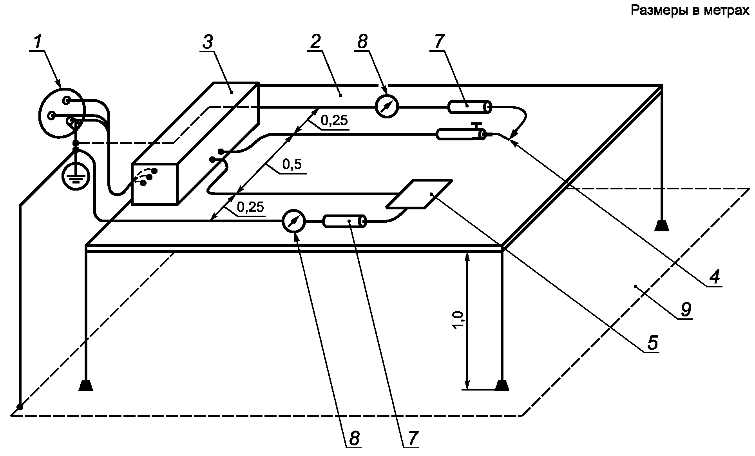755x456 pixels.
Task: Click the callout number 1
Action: click(38, 42)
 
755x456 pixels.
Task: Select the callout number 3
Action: click(208, 42)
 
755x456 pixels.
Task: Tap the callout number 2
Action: click(315, 42)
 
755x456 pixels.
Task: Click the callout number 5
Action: click(652, 343)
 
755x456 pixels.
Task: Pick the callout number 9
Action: click(686, 310)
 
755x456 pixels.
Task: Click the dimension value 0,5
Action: click(292, 165)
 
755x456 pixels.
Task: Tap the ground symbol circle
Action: click(76, 176)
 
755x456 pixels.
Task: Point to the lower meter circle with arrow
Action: click(293, 222)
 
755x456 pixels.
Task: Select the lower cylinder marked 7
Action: click(344, 222)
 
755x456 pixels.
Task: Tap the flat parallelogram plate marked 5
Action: click(419, 194)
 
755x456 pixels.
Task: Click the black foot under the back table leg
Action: click(662, 225)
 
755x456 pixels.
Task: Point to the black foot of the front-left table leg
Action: click(85, 386)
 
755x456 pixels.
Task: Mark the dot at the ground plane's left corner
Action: click(20, 407)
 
